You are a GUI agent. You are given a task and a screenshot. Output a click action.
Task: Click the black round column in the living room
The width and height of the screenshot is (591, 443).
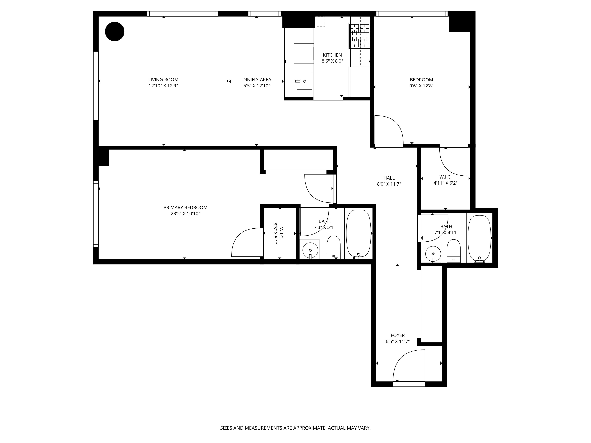[115, 31]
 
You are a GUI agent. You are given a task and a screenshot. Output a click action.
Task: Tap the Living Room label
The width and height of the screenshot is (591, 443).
[163, 80]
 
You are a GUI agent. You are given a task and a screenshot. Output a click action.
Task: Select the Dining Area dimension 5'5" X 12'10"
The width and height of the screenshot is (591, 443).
[256, 86]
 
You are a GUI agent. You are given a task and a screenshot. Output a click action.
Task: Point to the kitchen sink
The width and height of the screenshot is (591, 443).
[304, 81]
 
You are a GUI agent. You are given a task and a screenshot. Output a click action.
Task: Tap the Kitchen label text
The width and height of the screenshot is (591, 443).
[332, 55]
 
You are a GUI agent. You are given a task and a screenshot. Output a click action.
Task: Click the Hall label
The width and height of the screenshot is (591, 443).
[389, 178]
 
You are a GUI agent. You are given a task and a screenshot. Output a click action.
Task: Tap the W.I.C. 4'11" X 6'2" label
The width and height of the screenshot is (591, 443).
[445, 180]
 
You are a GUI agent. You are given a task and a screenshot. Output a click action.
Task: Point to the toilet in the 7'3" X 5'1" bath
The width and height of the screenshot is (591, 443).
[334, 247]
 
